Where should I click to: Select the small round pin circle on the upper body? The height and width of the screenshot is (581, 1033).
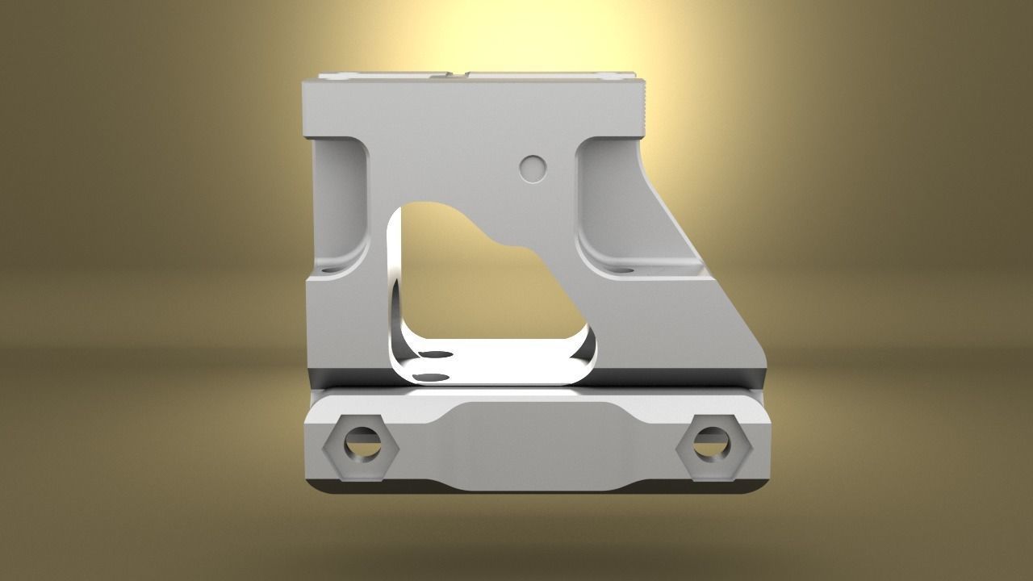[x=532, y=168]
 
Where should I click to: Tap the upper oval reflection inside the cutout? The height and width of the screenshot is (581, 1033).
[x=437, y=355]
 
